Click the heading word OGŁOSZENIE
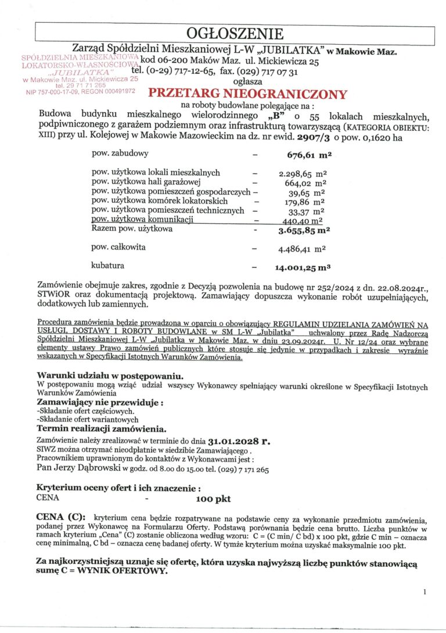coord(235,33)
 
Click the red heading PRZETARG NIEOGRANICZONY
coord(248,94)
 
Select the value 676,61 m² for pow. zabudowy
coord(308,155)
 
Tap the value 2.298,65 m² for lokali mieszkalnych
coord(302,173)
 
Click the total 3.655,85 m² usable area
coord(304,230)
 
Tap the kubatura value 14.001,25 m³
coord(303,268)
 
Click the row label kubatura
coord(108,266)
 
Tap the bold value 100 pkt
coord(214,499)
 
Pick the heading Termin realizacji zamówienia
coord(102,428)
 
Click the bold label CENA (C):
coord(60,517)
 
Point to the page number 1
coord(425,592)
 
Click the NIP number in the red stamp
coord(60,91)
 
